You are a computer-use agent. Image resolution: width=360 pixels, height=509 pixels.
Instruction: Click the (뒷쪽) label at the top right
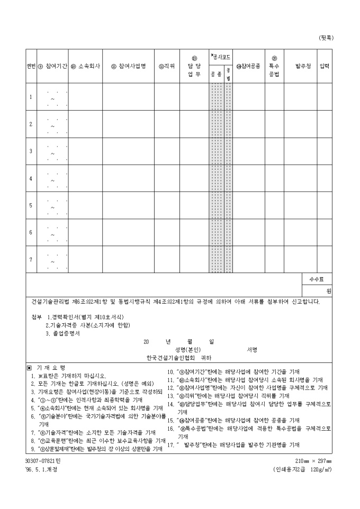click(x=326, y=38)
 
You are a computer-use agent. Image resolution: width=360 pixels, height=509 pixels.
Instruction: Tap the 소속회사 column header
click(x=85, y=67)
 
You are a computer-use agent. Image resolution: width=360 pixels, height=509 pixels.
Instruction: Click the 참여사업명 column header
click(x=128, y=67)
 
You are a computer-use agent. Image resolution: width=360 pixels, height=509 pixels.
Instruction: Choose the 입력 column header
click(x=324, y=67)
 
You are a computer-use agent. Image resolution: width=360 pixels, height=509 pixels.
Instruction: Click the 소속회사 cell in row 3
click(x=85, y=151)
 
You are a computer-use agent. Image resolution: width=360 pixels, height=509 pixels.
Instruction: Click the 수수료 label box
click(x=317, y=279)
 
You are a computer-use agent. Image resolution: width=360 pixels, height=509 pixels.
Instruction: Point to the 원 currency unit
click(x=328, y=291)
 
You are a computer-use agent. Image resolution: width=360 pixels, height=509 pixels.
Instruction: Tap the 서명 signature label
click(x=251, y=350)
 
